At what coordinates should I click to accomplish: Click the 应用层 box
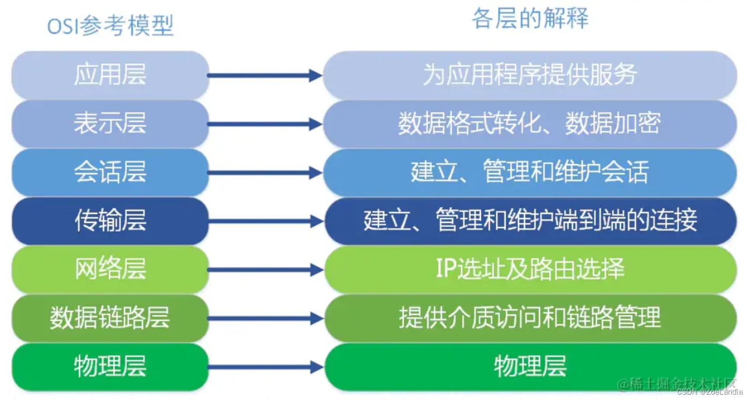[110, 75]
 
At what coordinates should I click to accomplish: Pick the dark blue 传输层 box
[110, 221]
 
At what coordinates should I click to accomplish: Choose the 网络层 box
[110, 270]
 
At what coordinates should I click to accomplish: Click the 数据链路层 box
[110, 318]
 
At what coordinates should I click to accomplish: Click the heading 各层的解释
[530, 19]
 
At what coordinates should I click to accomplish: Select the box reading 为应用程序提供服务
[530, 75]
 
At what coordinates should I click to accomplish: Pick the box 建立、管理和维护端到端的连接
[530, 221]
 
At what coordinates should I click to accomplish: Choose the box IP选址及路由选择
[530, 270]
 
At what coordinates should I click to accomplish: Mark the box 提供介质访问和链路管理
[530, 318]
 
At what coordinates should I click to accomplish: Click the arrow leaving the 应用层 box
[265, 75]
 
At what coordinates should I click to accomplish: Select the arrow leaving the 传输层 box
[265, 221]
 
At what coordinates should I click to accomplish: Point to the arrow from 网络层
[265, 270]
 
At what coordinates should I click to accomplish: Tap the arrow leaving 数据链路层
[265, 319]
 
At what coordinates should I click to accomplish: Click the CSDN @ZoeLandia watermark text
[710, 392]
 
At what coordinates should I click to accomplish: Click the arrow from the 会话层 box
[265, 173]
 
